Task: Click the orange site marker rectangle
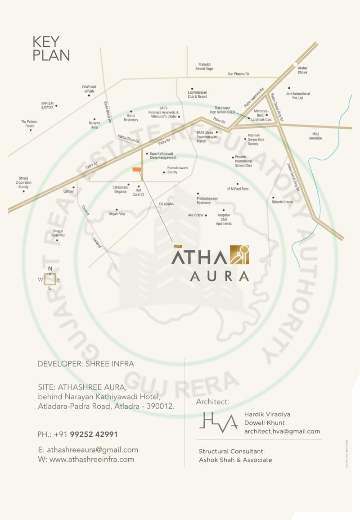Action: [x=137, y=169]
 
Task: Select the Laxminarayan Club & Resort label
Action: [x=197, y=95]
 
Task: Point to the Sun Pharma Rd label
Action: [x=238, y=74]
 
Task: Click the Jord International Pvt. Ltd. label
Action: [x=298, y=95]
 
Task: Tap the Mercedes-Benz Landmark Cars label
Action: [x=263, y=115]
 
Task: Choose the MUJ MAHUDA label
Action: [x=315, y=136]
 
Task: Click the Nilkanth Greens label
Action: [x=283, y=202]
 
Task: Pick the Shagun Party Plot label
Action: [x=58, y=233]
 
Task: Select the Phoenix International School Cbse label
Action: [x=243, y=161]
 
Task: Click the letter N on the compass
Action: [x=50, y=269]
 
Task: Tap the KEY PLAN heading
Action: [x=51, y=49]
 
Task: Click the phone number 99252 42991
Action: [x=94, y=434]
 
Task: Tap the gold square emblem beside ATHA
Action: [x=239, y=255]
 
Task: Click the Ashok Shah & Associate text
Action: [x=235, y=460]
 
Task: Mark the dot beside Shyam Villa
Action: [x=117, y=209]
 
